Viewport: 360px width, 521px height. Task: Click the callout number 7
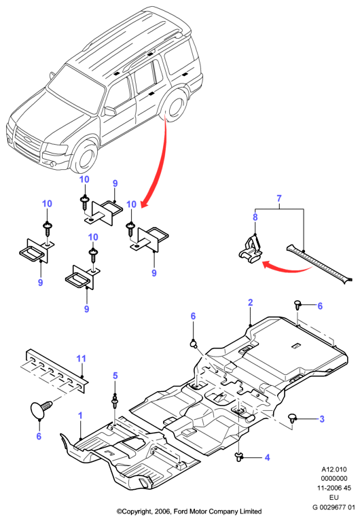click(279, 198)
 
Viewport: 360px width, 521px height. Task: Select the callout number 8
click(255, 217)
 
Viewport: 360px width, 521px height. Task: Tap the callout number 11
click(81, 359)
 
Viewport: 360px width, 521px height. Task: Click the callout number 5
click(115, 376)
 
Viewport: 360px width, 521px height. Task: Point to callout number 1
click(80, 415)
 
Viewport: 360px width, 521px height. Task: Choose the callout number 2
click(251, 302)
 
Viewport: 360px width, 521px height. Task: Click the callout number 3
click(322, 418)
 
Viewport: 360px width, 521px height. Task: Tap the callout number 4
click(267, 458)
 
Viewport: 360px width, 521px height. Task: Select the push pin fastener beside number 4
click(238, 456)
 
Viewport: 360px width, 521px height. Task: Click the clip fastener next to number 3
click(292, 418)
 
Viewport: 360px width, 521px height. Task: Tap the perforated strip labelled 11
click(57, 370)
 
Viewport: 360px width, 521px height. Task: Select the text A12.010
click(334, 469)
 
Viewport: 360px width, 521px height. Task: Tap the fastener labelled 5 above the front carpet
click(115, 400)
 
